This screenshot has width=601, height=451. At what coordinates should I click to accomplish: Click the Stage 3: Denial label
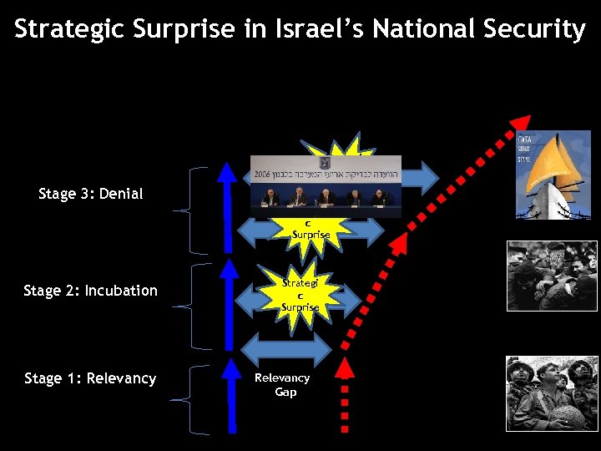[x=91, y=194]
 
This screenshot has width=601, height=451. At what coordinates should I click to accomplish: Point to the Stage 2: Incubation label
[x=90, y=291]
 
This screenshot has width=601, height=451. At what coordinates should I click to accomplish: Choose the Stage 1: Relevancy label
[x=90, y=378]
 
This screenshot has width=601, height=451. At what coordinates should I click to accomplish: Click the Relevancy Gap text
[x=282, y=385]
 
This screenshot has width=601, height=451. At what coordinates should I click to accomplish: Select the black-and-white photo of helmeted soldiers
[x=551, y=393]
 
